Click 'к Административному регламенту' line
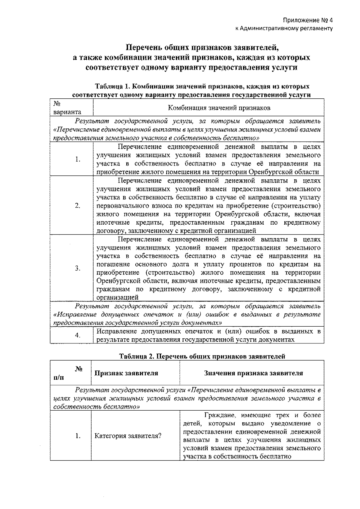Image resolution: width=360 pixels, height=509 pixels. click(284, 29)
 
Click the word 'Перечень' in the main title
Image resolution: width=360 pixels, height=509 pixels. click(142, 47)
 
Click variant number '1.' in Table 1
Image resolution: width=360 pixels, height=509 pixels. click(78, 159)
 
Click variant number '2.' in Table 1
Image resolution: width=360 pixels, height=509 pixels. click(78, 205)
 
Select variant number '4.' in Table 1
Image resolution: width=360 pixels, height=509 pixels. click(78, 335)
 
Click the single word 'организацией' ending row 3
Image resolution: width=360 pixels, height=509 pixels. click(117, 298)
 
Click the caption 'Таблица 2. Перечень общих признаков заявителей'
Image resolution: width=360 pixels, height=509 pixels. click(202, 357)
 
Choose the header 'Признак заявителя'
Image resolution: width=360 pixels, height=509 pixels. click(126, 373)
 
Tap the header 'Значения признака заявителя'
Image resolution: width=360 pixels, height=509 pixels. click(253, 373)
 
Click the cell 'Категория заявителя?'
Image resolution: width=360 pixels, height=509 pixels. click(128, 436)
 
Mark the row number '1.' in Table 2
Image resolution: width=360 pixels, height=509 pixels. click(78, 436)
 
